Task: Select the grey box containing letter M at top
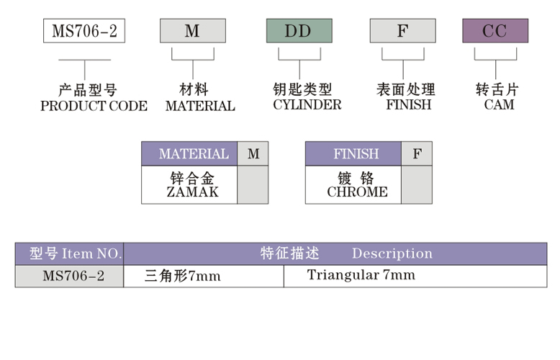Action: [x=192, y=31]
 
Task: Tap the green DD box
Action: [x=299, y=31]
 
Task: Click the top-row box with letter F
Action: [x=402, y=31]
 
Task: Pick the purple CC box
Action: [x=494, y=31]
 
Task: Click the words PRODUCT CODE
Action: [x=94, y=107]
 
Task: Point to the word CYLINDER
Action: [x=307, y=105]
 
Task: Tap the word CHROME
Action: [x=357, y=192]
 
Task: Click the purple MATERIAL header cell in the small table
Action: [x=189, y=154]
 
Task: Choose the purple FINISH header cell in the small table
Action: [x=356, y=154]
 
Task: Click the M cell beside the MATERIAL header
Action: [x=253, y=154]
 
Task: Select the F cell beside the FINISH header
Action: [x=417, y=154]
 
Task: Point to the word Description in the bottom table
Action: [x=392, y=253]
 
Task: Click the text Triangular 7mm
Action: [x=361, y=275]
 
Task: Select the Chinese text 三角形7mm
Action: [x=182, y=276]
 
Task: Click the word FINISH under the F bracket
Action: [x=408, y=105]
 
